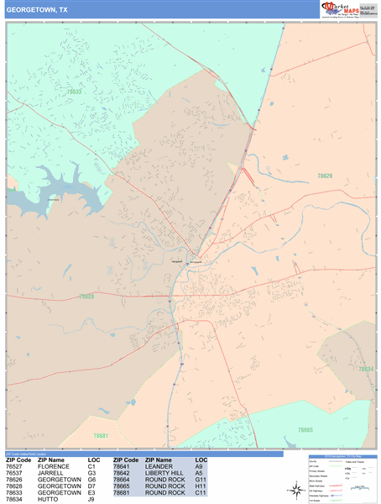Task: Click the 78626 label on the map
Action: tap(325, 176)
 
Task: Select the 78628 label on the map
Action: tap(86, 297)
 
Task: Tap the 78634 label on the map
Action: tap(365, 369)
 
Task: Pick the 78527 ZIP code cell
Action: tap(18, 467)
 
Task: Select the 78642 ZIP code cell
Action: tap(125, 473)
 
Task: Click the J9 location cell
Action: tap(91, 500)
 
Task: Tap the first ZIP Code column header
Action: tap(18, 460)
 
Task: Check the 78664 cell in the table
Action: tap(125, 480)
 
